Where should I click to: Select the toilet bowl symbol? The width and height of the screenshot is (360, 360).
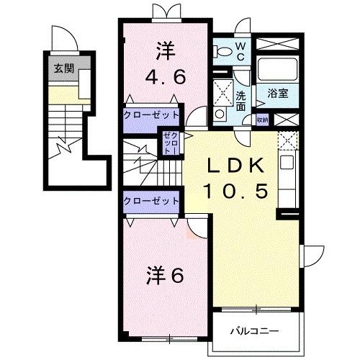pyautogui.click(x=225, y=50)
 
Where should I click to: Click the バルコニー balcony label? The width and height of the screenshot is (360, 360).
pyautogui.click(x=254, y=332)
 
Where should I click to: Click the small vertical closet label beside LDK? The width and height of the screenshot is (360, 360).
pyautogui.click(x=172, y=143)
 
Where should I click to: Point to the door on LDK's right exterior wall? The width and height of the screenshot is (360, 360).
pyautogui.click(x=312, y=256)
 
